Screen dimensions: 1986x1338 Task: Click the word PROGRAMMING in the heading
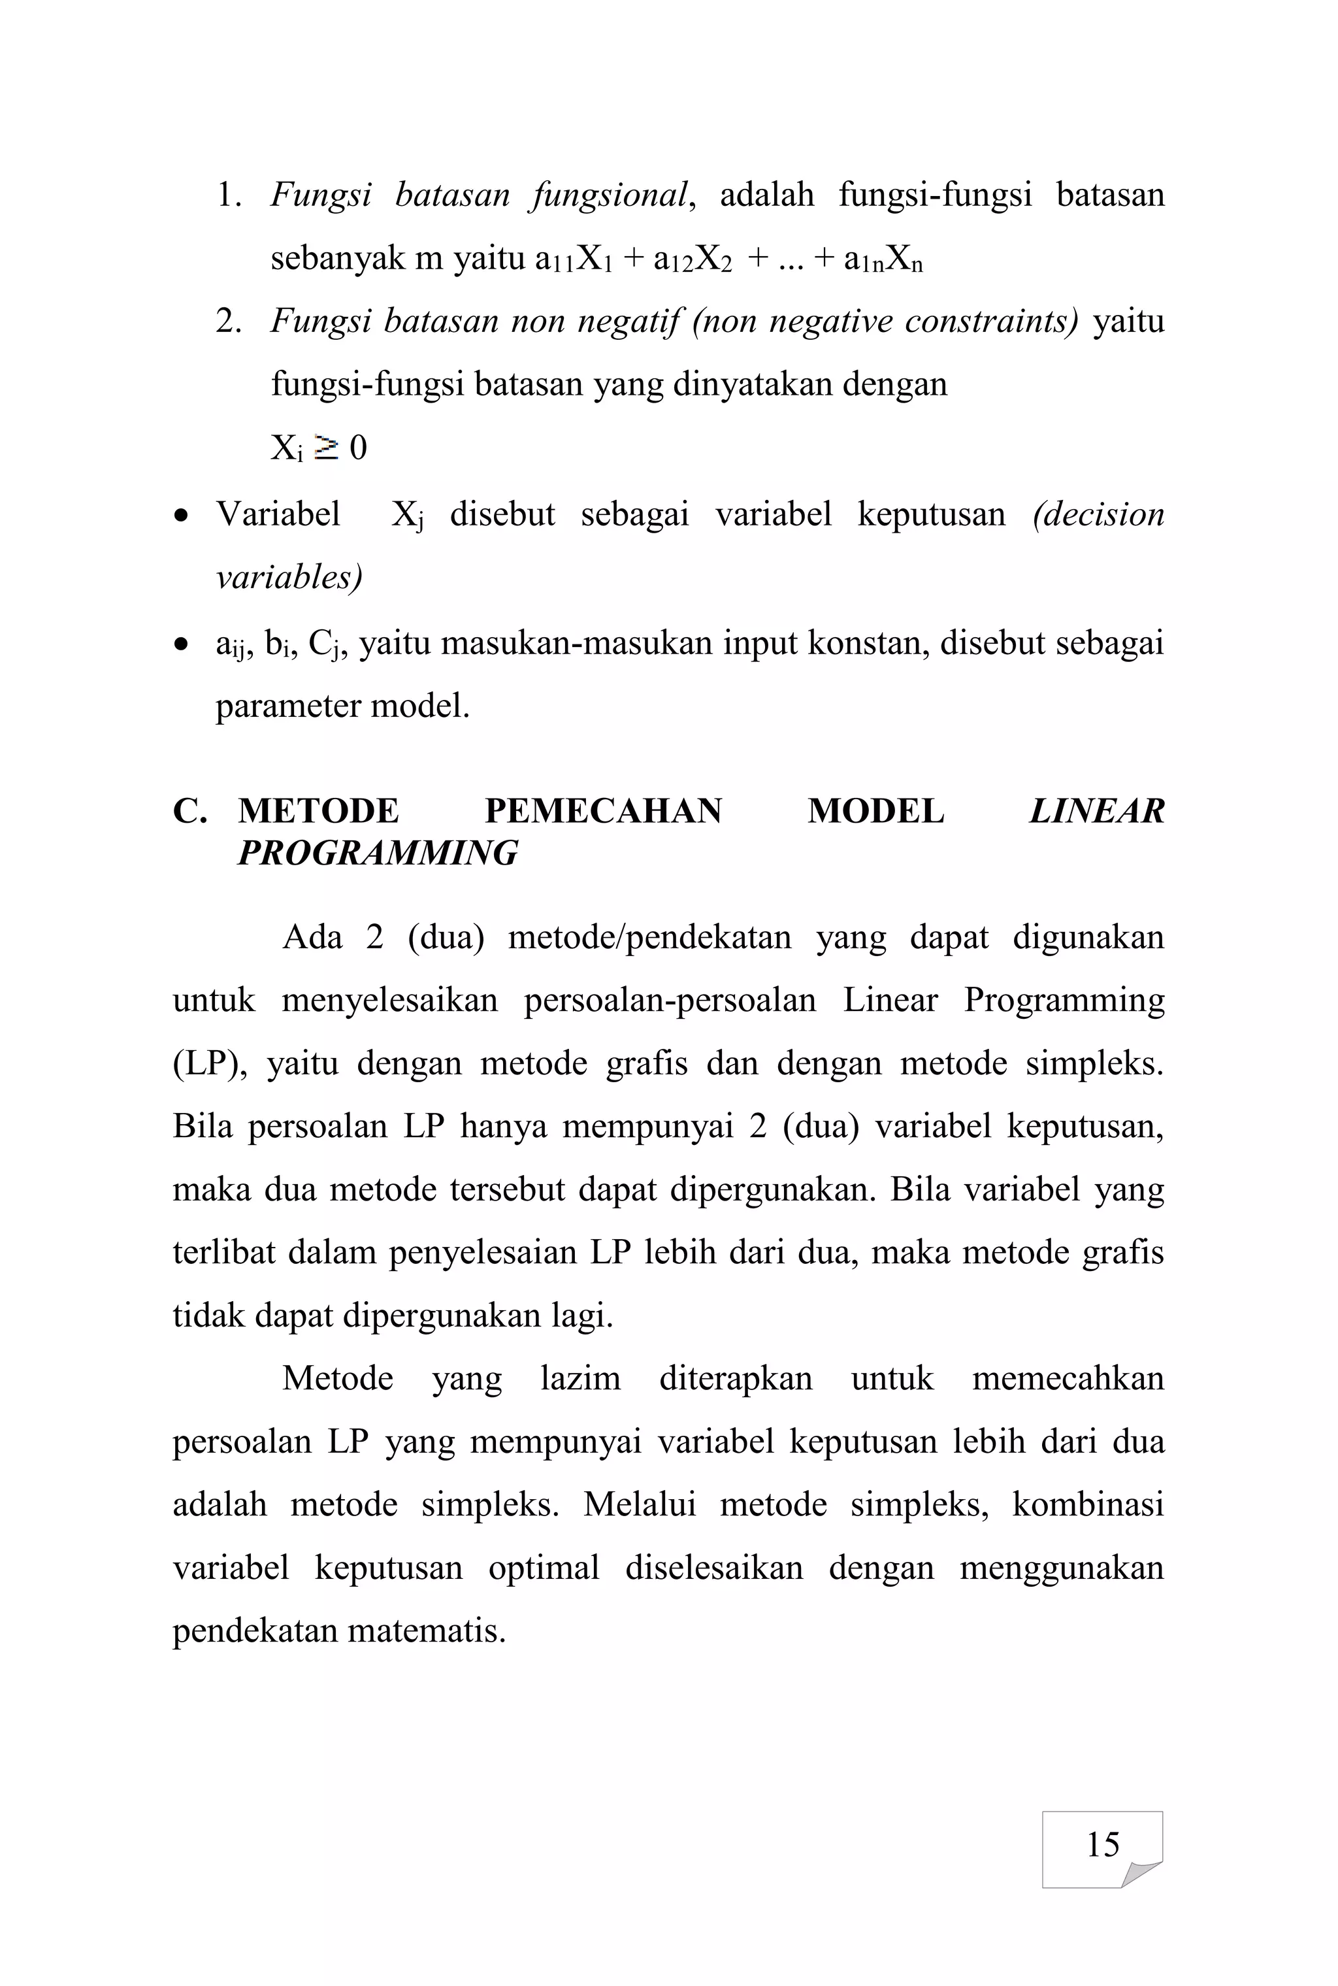377,853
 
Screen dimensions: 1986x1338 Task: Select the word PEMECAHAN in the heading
602,811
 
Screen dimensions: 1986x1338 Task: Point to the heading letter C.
189,811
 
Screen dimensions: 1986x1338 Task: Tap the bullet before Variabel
180,516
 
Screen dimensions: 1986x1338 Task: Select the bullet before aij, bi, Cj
180,645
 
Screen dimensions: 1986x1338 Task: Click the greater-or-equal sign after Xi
326,447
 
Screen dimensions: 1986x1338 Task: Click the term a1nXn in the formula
883,259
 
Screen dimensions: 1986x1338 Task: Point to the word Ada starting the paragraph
312,937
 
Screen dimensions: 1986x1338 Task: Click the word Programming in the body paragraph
1063,1001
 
